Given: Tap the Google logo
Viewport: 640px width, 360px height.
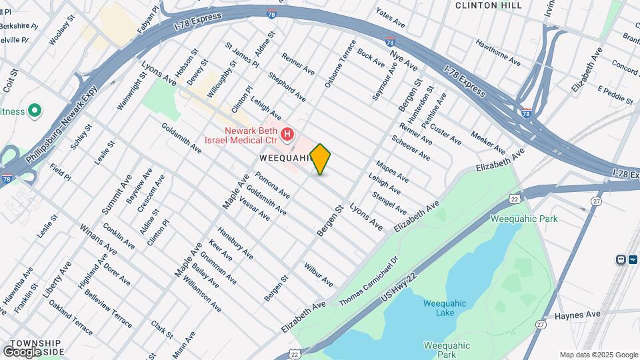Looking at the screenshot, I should (22, 351).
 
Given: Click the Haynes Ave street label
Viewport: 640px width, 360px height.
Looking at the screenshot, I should (577, 314).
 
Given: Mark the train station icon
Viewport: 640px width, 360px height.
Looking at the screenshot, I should (621, 259).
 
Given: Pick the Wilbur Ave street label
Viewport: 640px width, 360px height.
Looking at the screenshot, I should (318, 275).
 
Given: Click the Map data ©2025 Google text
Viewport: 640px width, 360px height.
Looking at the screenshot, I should (598, 355).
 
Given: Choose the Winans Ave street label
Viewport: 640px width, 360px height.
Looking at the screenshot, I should (98, 241).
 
